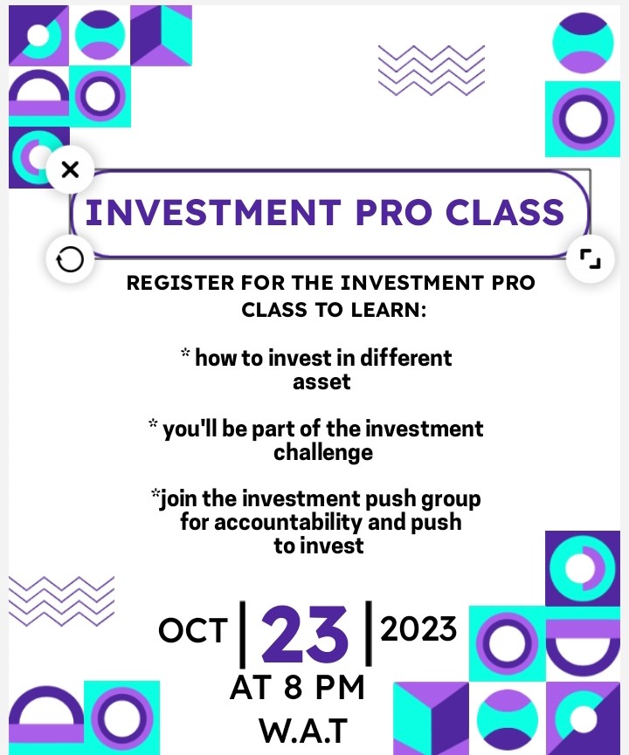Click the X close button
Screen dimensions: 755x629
71,170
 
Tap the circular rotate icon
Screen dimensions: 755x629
69,258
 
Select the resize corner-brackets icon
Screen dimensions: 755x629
590,258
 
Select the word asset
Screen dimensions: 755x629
321,381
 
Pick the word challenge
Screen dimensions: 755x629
323,452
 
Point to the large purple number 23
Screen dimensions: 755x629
305,635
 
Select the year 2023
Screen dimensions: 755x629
419,628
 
